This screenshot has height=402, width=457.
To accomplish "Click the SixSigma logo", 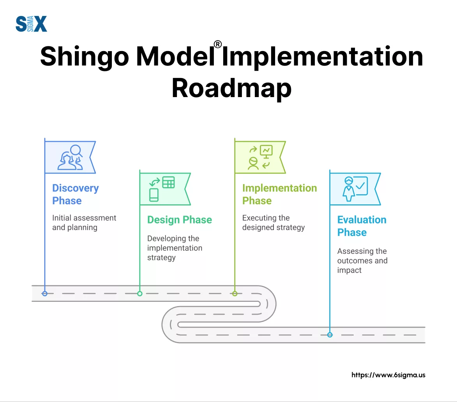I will click(31, 24).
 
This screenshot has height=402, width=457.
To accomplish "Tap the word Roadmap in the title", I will click(231, 88).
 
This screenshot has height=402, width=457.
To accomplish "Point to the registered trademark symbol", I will click(217, 44).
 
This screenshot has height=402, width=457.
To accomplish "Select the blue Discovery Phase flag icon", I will click(70, 157).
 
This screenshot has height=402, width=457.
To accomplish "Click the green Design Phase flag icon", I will click(165, 189).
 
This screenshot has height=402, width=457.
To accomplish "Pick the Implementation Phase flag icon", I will click(260, 157).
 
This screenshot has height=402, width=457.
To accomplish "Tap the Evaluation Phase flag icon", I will click(355, 189).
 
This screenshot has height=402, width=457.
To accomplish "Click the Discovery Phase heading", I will click(76, 194).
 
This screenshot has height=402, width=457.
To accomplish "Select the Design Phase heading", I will click(180, 220).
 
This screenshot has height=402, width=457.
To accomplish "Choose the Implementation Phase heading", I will click(279, 194).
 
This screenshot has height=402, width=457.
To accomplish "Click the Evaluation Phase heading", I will click(362, 226).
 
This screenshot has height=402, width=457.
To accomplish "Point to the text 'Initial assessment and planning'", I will click(84, 223).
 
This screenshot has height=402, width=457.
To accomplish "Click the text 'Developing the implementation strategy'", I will click(175, 248).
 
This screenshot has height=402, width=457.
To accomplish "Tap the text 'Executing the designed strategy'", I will click(273, 223).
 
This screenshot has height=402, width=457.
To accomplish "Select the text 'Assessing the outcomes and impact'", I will click(362, 260).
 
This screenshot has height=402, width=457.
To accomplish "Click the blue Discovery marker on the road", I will click(45, 294).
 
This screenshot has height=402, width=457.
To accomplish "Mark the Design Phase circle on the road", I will click(140, 294).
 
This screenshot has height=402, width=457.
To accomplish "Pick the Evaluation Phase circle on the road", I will click(330, 335).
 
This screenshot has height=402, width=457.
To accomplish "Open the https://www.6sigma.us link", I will click(388, 375).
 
